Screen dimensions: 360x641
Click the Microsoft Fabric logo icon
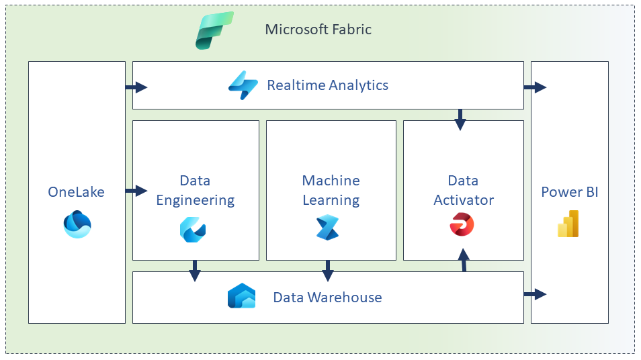pyautogui.click(x=214, y=30)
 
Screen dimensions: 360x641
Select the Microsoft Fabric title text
pyautogui.click(x=318, y=30)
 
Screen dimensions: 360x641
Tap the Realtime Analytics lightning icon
pyautogui.click(x=243, y=85)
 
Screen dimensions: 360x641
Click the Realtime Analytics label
pyautogui.click(x=327, y=85)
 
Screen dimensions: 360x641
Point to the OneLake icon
pyautogui.click(x=77, y=224)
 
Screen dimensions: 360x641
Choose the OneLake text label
pyautogui.click(x=76, y=192)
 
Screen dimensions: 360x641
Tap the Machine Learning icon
pyautogui.click(x=328, y=228)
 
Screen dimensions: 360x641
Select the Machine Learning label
pyautogui.click(x=331, y=190)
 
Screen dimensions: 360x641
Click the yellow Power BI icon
pyautogui.click(x=568, y=224)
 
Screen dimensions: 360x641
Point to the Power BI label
pyautogui.click(x=569, y=192)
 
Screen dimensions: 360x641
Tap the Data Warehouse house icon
pyautogui.click(x=241, y=296)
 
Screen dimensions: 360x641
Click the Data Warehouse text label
pyautogui.click(x=327, y=297)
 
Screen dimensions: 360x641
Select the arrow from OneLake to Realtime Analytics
pyautogui.click(x=136, y=87)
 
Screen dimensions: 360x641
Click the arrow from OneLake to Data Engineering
pyautogui.click(x=136, y=191)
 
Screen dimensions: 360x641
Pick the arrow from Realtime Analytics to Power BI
pyautogui.click(x=536, y=87)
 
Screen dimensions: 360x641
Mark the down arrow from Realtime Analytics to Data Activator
pyautogui.click(x=460, y=119)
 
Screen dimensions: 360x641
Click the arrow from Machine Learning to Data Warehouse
pyautogui.click(x=328, y=271)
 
